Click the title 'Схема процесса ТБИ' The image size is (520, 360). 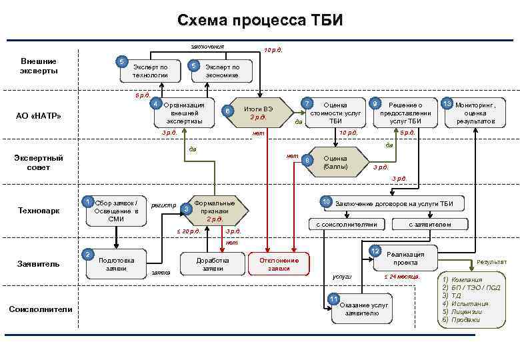click(x=260, y=21)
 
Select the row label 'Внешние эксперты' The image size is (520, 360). click(x=38, y=65)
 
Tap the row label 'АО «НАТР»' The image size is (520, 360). click(x=38, y=116)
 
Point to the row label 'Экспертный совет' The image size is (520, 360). click(x=38, y=163)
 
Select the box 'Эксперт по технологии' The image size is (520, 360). click(x=150, y=71)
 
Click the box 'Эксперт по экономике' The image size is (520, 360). click(x=222, y=71)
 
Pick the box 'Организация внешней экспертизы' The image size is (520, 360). click(x=183, y=113)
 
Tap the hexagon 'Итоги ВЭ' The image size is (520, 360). click(x=257, y=113)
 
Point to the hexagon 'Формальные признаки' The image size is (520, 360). click(x=213, y=211)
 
